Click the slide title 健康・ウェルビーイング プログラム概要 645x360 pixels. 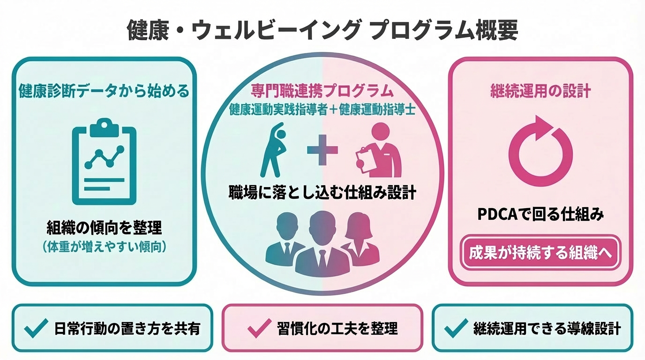pos(322,31)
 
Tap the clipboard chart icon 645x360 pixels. pos(104,162)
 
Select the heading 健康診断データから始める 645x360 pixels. pos(104,90)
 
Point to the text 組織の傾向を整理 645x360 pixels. pos(104,228)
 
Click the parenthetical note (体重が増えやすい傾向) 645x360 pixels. pos(104,247)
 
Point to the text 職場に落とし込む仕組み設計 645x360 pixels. pos(322,193)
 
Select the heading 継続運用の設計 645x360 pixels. pos(540,90)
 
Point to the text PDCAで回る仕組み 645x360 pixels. pos(540,214)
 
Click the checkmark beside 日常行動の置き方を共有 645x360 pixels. pos(36,328)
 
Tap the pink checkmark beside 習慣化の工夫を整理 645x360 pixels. pos(259,328)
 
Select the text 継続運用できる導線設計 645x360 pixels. pos(547,328)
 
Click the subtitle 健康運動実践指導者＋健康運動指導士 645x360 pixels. pos(322,109)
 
